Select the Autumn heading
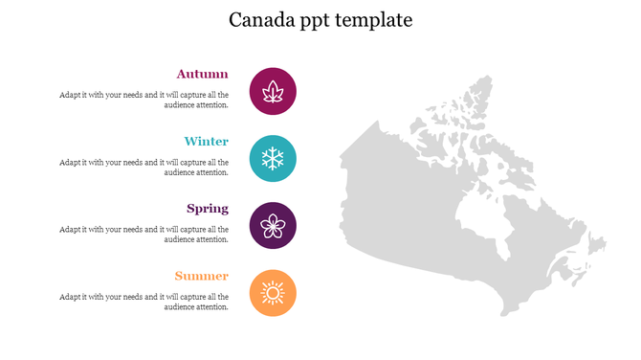[x=203, y=74]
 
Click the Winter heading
[x=207, y=142]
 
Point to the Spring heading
[x=208, y=209]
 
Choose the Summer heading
[x=202, y=277]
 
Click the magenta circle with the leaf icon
[x=273, y=91]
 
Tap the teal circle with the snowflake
[x=273, y=159]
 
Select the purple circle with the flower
[x=273, y=226]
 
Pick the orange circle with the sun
[x=273, y=293]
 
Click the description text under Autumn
[x=144, y=100]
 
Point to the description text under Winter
[x=144, y=168]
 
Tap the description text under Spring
[x=144, y=235]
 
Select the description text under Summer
[x=144, y=302]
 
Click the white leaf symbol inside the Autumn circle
[x=273, y=91]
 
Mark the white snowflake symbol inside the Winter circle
[x=273, y=159]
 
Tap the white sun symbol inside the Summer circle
[x=273, y=293]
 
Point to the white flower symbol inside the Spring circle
[x=273, y=226]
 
